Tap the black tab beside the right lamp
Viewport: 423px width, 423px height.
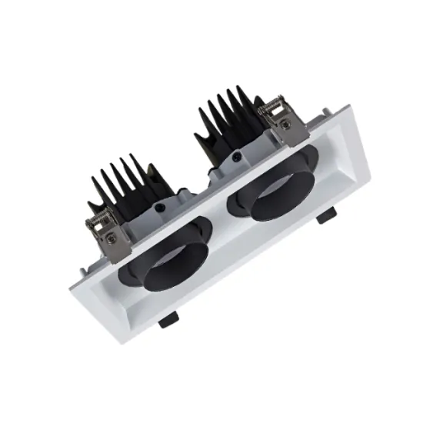pos(326,216)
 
